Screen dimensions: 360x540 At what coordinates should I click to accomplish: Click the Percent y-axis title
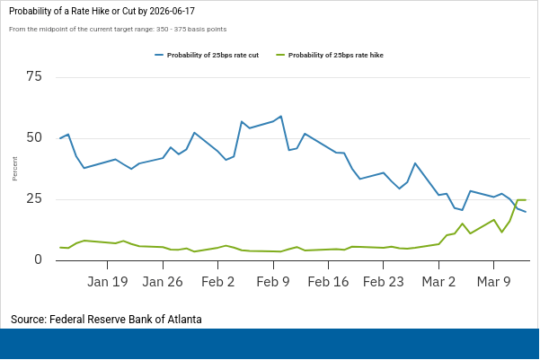click(14, 168)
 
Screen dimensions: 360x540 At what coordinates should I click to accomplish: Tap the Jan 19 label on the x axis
click(108, 281)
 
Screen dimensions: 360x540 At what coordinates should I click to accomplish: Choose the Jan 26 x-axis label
click(163, 281)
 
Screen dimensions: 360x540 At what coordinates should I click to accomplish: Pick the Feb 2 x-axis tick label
click(217, 281)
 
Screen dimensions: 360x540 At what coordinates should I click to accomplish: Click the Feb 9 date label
click(273, 281)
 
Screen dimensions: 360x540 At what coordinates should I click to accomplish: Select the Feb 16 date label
click(328, 281)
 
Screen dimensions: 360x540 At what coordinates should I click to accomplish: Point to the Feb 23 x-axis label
click(384, 281)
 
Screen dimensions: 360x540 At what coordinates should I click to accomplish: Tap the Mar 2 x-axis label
click(438, 281)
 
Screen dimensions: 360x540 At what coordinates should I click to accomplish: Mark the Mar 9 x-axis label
click(493, 281)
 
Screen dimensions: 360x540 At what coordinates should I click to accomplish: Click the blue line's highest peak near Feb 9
click(281, 117)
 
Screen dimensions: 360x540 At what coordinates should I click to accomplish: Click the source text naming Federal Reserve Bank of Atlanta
click(106, 319)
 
